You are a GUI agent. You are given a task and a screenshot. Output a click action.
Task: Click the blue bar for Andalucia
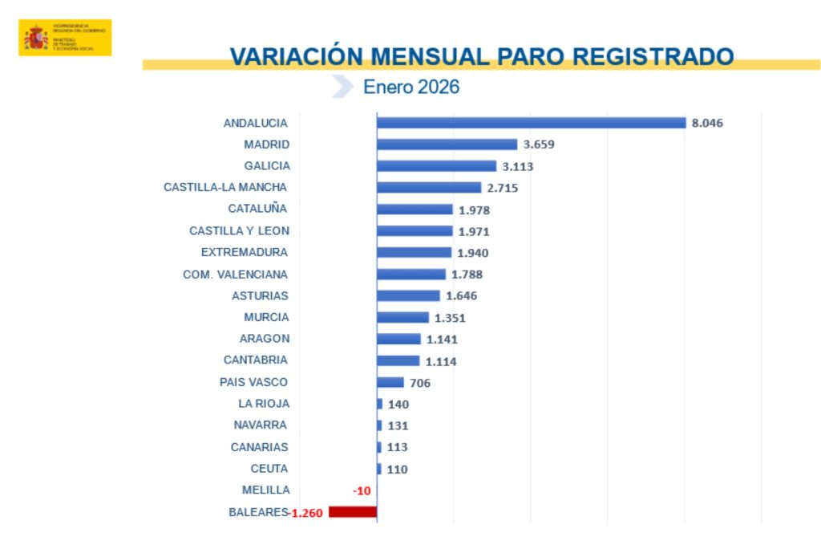pyautogui.click(x=531, y=123)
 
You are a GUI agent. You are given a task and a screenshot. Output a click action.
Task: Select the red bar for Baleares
pyautogui.click(x=352, y=512)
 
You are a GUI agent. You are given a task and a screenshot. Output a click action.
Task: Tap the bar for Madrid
pyautogui.click(x=447, y=144)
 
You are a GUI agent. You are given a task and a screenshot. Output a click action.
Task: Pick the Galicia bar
pyautogui.click(x=436, y=166)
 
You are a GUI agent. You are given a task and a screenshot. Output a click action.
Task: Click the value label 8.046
pyautogui.click(x=707, y=123)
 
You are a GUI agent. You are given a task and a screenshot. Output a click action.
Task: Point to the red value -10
pyautogui.click(x=361, y=490)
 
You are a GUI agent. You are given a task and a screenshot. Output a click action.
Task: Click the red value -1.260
pyautogui.click(x=306, y=512)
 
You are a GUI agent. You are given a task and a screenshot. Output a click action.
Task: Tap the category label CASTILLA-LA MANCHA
pyautogui.click(x=225, y=187)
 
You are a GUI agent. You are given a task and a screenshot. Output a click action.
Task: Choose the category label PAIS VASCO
pyautogui.click(x=253, y=382)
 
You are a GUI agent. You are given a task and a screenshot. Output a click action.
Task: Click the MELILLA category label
pyautogui.click(x=265, y=490)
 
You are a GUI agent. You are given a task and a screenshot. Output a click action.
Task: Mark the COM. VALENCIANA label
pyautogui.click(x=235, y=274)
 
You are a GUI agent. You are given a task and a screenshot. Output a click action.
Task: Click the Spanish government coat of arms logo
pyautogui.click(x=35, y=38)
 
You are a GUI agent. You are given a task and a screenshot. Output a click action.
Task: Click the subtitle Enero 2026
pyautogui.click(x=411, y=87)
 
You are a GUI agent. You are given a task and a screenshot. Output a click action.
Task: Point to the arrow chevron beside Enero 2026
pyautogui.click(x=342, y=87)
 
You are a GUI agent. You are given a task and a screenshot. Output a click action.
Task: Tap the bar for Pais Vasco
pyautogui.click(x=390, y=382)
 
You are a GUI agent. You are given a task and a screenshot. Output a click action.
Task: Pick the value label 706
pyautogui.click(x=420, y=383)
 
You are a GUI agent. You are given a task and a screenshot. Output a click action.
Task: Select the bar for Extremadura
pyautogui.click(x=414, y=253)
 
